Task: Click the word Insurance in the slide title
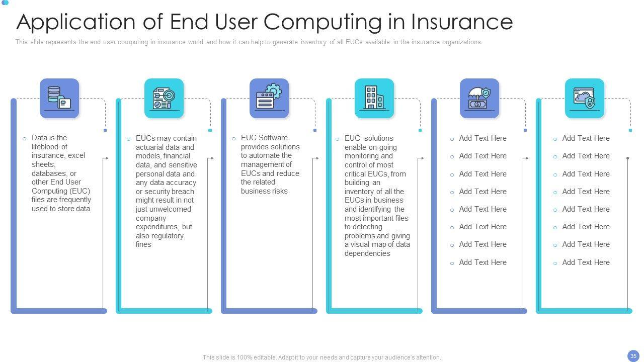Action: (461, 22)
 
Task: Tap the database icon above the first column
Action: (59, 98)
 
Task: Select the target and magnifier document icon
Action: (164, 98)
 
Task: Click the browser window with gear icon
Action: (269, 98)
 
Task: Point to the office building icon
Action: (374, 98)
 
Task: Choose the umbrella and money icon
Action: (479, 98)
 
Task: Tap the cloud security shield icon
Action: (584, 98)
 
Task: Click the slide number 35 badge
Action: (633, 356)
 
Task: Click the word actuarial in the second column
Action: (151, 147)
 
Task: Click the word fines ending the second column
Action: (143, 244)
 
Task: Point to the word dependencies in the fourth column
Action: (367, 253)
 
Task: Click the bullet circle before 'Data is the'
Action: (24, 138)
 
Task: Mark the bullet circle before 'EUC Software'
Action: (234, 138)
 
